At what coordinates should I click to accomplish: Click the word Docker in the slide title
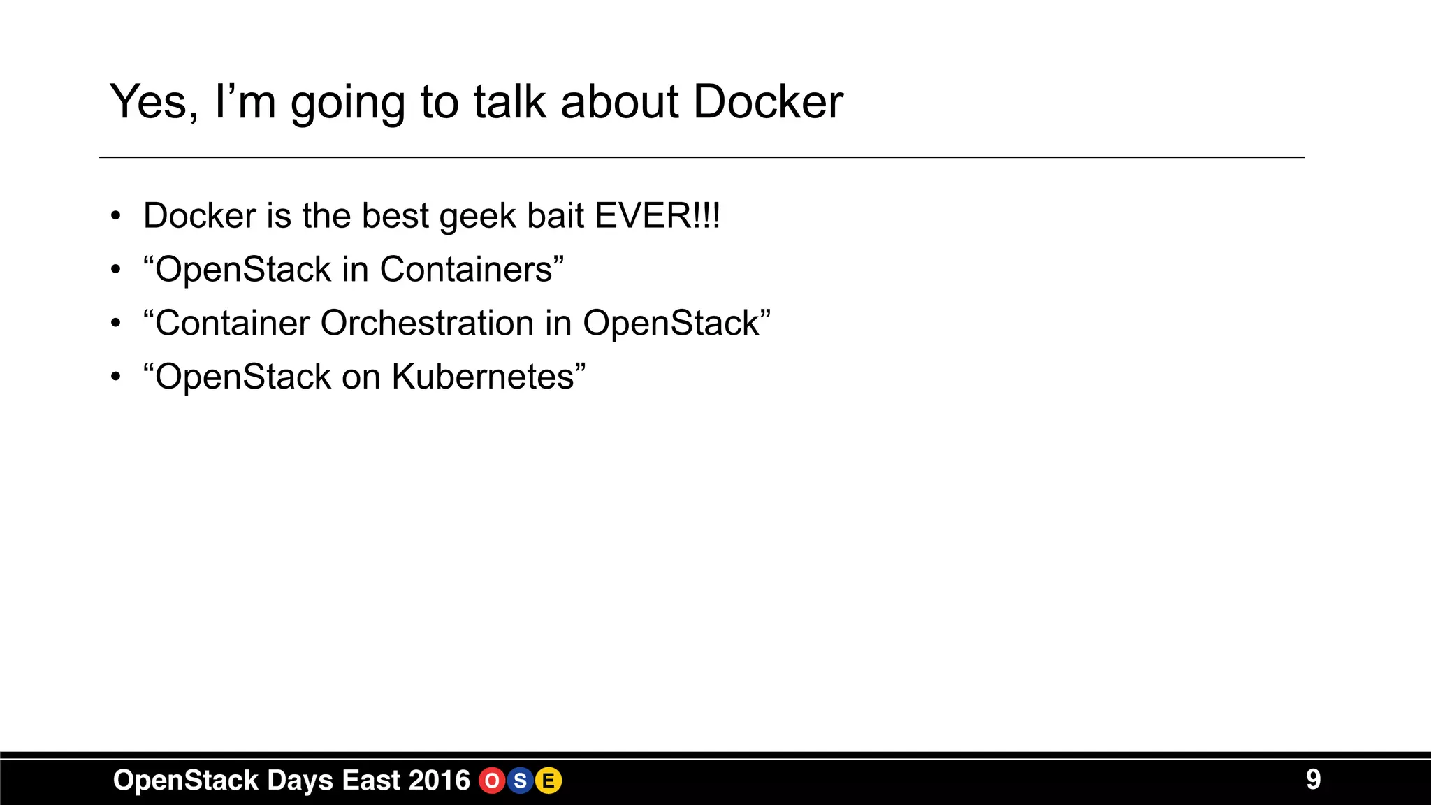[768, 102]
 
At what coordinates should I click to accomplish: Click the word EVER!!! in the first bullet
[657, 215]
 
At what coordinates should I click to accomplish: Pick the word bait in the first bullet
[555, 215]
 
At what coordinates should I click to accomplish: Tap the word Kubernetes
[483, 377]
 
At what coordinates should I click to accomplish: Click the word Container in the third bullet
[233, 323]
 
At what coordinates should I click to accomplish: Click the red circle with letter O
[492, 781]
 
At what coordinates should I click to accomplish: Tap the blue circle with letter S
[520, 781]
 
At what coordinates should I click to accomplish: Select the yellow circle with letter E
[549, 781]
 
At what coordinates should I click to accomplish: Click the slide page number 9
[1313, 779]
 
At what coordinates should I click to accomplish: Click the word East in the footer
[372, 780]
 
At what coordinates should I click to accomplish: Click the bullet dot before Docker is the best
[116, 216]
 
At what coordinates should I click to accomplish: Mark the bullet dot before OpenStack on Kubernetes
[116, 377]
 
